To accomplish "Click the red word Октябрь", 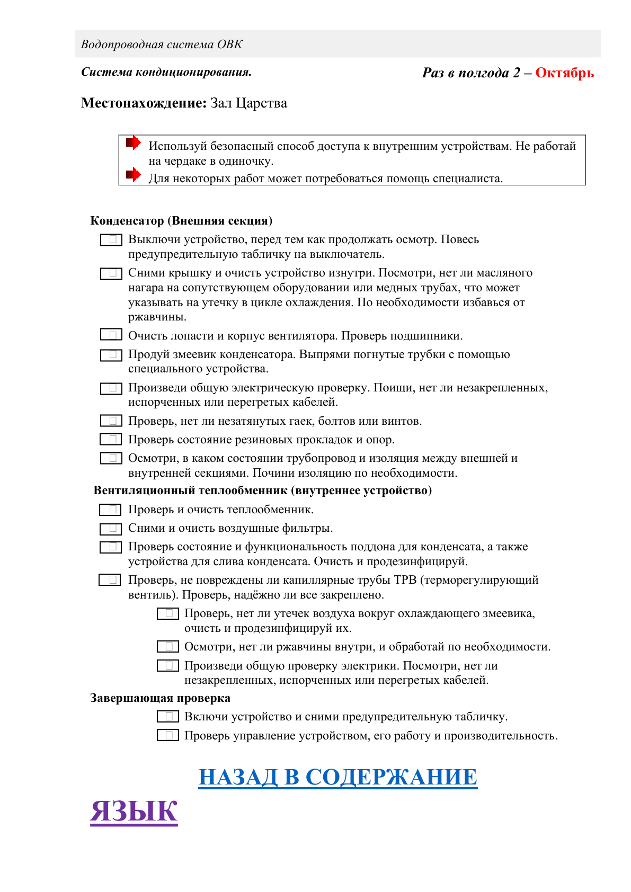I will click(x=564, y=73).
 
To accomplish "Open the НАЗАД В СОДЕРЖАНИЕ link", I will click(x=337, y=777).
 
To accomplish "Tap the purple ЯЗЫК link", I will click(x=134, y=811).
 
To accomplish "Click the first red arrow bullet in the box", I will click(x=133, y=142).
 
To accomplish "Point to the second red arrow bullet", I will click(x=133, y=174).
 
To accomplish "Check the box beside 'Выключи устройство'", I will click(x=111, y=240).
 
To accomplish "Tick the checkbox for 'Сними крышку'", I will click(x=111, y=273).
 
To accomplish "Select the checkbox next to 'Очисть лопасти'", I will click(x=111, y=335).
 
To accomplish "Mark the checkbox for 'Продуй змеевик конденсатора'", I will click(x=111, y=355).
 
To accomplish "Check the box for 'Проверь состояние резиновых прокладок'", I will click(x=111, y=440).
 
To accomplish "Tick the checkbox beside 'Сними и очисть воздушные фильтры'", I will click(x=111, y=529).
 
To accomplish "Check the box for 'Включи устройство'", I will click(x=168, y=717).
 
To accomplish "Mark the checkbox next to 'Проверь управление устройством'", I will click(x=168, y=735).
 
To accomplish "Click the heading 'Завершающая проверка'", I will click(x=160, y=698).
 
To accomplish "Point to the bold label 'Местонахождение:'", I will click(x=144, y=103).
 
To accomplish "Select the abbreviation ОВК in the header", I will click(x=230, y=44).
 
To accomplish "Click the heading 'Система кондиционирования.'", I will click(x=166, y=72).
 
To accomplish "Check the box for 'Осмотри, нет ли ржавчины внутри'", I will click(x=168, y=647).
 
